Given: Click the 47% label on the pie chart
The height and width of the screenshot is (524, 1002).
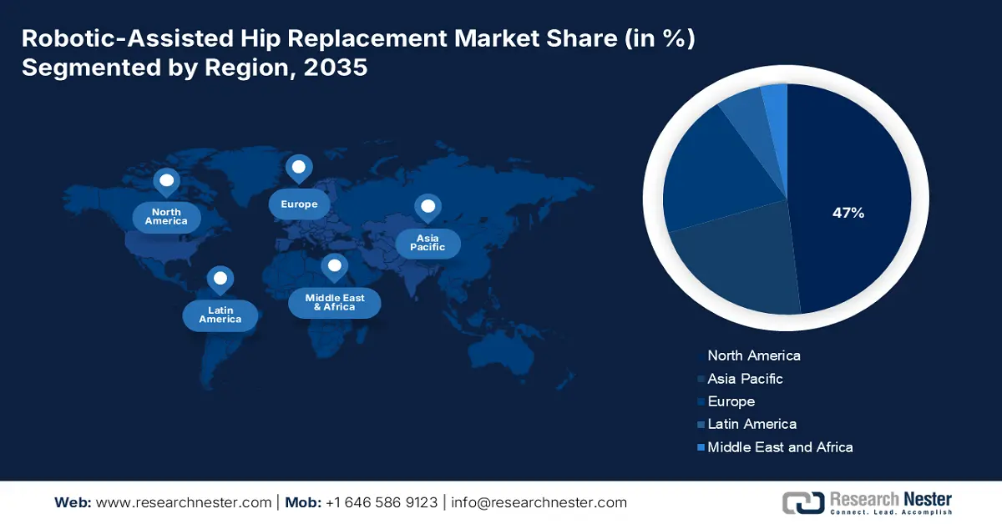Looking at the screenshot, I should coord(848,213).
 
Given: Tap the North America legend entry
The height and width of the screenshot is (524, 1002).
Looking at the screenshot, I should coord(753,355).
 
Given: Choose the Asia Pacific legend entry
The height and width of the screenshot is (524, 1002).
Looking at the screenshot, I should coord(745,379).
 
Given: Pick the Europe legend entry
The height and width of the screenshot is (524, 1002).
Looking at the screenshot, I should coord(731,401).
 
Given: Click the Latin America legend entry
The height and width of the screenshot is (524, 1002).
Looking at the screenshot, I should coord(751,424).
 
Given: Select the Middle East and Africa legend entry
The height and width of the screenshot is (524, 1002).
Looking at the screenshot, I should coord(780,447).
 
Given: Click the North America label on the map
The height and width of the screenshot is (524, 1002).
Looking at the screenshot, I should coord(166,217).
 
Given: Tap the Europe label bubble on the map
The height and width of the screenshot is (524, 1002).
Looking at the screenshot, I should coord(299,204).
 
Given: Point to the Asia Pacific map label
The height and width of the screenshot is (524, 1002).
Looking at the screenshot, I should coord(428,243).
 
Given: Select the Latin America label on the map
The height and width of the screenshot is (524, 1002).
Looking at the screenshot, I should coord(220,315).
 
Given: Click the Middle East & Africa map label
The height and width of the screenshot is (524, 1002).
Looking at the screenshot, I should coord(334,302).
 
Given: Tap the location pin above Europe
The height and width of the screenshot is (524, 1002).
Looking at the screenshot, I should coord(298,169).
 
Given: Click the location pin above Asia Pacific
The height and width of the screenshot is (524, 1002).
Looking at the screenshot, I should coord(428,207).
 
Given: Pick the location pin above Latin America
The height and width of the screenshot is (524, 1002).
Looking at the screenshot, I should coord(220,279).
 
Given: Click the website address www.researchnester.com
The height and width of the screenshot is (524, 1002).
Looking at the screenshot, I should coord(185,502).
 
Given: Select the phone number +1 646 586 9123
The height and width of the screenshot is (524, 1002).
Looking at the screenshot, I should coord(381,502).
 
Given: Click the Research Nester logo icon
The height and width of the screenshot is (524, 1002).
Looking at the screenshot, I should coord(801,502).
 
